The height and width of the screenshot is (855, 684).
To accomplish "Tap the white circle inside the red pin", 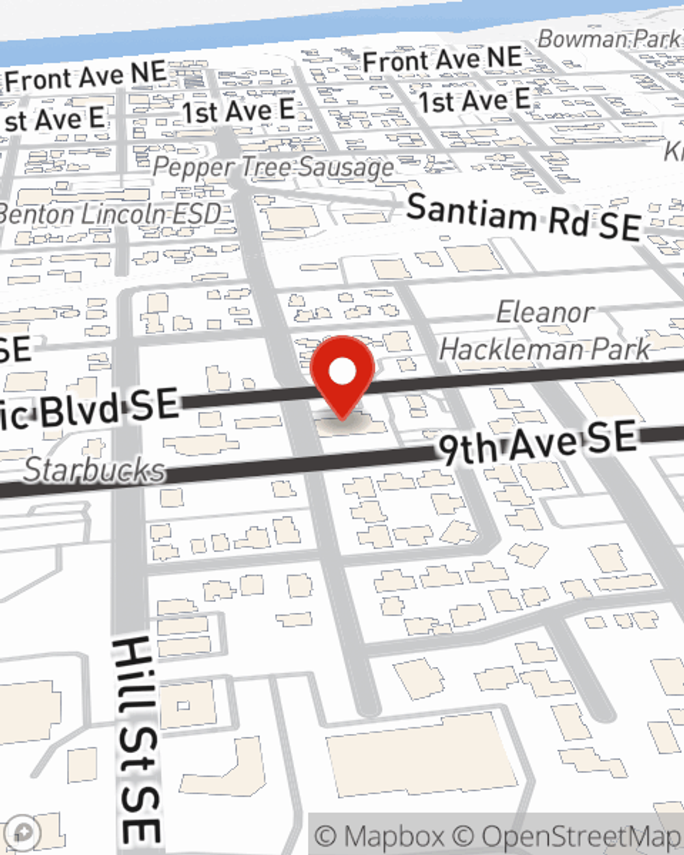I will [342, 371].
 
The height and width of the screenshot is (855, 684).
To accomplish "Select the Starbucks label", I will [95, 471].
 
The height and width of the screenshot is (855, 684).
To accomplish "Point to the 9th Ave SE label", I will [537, 444].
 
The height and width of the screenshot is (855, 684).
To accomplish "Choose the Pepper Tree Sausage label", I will [274, 166].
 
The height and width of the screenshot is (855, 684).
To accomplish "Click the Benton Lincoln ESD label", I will [109, 213].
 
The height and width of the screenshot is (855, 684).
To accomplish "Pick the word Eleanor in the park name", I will [544, 313].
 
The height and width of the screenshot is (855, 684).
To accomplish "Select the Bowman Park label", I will [609, 40].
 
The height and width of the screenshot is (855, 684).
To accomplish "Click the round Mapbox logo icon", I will [23, 832].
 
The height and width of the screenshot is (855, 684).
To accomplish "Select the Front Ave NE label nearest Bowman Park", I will [442, 60].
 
